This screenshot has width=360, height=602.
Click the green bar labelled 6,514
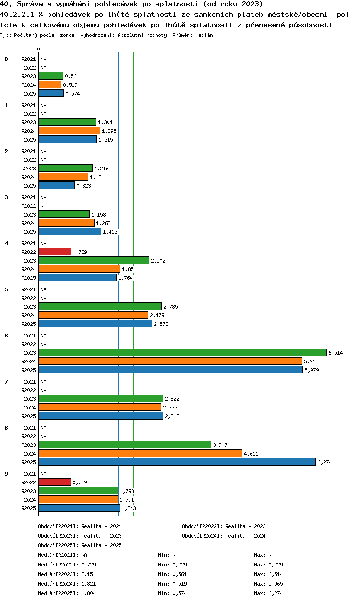(183, 352)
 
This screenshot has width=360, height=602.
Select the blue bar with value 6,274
(177, 462)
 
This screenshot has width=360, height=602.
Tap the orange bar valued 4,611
(141, 453)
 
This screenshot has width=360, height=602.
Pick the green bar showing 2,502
(94, 260)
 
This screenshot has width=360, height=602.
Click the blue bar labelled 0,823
(57, 185)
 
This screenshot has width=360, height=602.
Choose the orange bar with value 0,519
(50, 84)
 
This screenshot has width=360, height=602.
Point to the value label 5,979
(312, 370)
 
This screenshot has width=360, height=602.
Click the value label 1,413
(110, 232)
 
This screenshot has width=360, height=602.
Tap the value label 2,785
(170, 307)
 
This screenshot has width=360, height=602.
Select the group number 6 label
(6, 336)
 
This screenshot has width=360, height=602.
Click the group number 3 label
(6, 197)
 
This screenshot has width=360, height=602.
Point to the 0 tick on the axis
(39, 49)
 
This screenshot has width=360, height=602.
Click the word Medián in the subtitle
(204, 35)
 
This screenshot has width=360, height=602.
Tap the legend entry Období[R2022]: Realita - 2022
(224, 526)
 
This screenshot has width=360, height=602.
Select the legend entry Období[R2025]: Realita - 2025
(80, 545)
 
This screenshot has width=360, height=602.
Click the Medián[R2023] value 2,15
(87, 574)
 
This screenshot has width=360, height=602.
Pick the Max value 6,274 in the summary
(276, 593)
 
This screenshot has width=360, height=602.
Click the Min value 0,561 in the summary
(180, 574)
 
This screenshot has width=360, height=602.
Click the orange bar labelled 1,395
(70, 131)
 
